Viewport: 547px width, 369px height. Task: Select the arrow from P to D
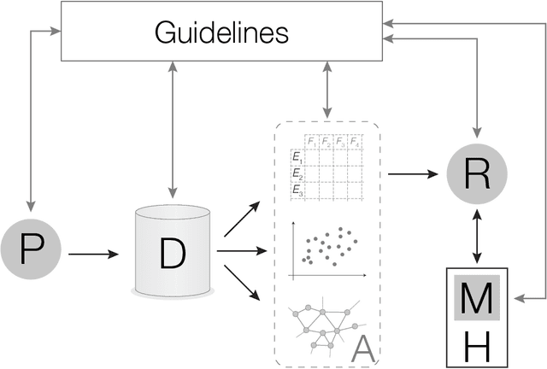[95, 253]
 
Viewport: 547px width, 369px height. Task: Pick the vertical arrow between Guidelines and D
[174, 128]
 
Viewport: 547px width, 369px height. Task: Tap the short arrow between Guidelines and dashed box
[326, 90]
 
